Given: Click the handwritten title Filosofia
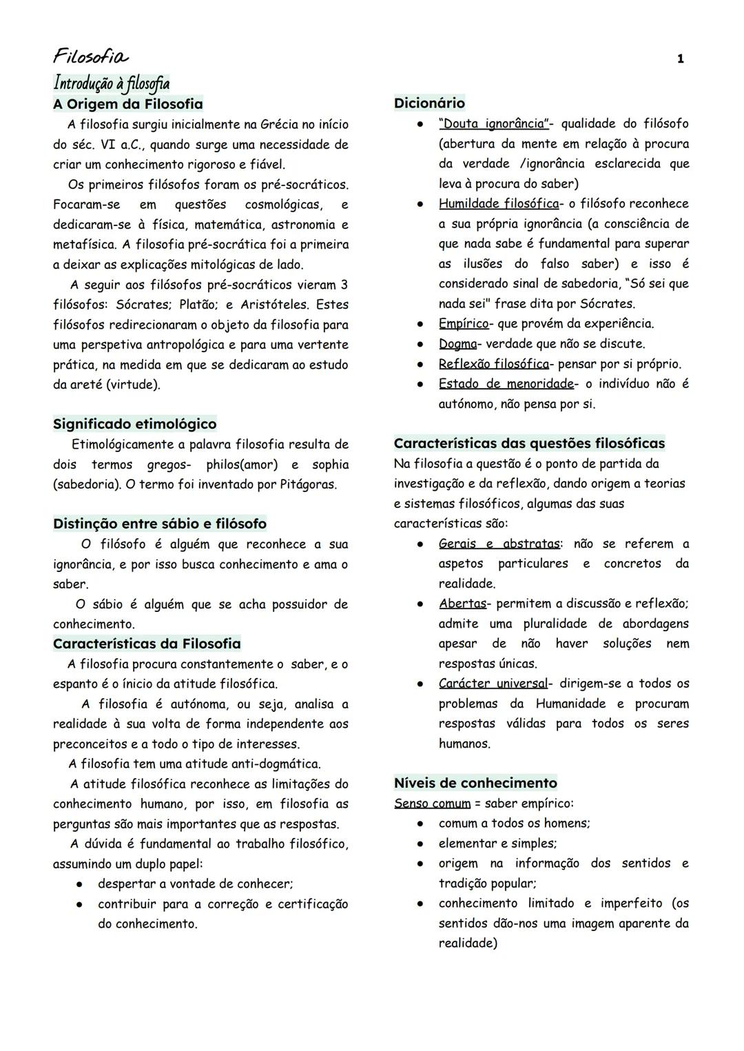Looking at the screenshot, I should [90, 56].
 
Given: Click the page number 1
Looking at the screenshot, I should [681, 59].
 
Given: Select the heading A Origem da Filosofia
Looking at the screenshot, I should [128, 104].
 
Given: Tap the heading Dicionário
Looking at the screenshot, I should [429, 103].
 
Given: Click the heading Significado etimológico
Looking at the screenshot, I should [134, 424].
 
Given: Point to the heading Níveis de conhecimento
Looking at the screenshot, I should [475, 783].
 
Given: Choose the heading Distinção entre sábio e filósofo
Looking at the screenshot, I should [159, 524].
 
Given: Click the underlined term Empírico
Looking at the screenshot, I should [463, 324].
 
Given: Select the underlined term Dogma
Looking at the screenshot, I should [457, 344].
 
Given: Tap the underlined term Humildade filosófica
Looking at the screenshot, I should [498, 204].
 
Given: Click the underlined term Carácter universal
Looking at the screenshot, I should [493, 684].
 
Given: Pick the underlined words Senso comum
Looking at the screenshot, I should [432, 804].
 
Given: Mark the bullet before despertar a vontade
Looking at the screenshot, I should [80, 884].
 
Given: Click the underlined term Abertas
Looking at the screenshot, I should [462, 604].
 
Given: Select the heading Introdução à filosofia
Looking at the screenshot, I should [111, 83].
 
